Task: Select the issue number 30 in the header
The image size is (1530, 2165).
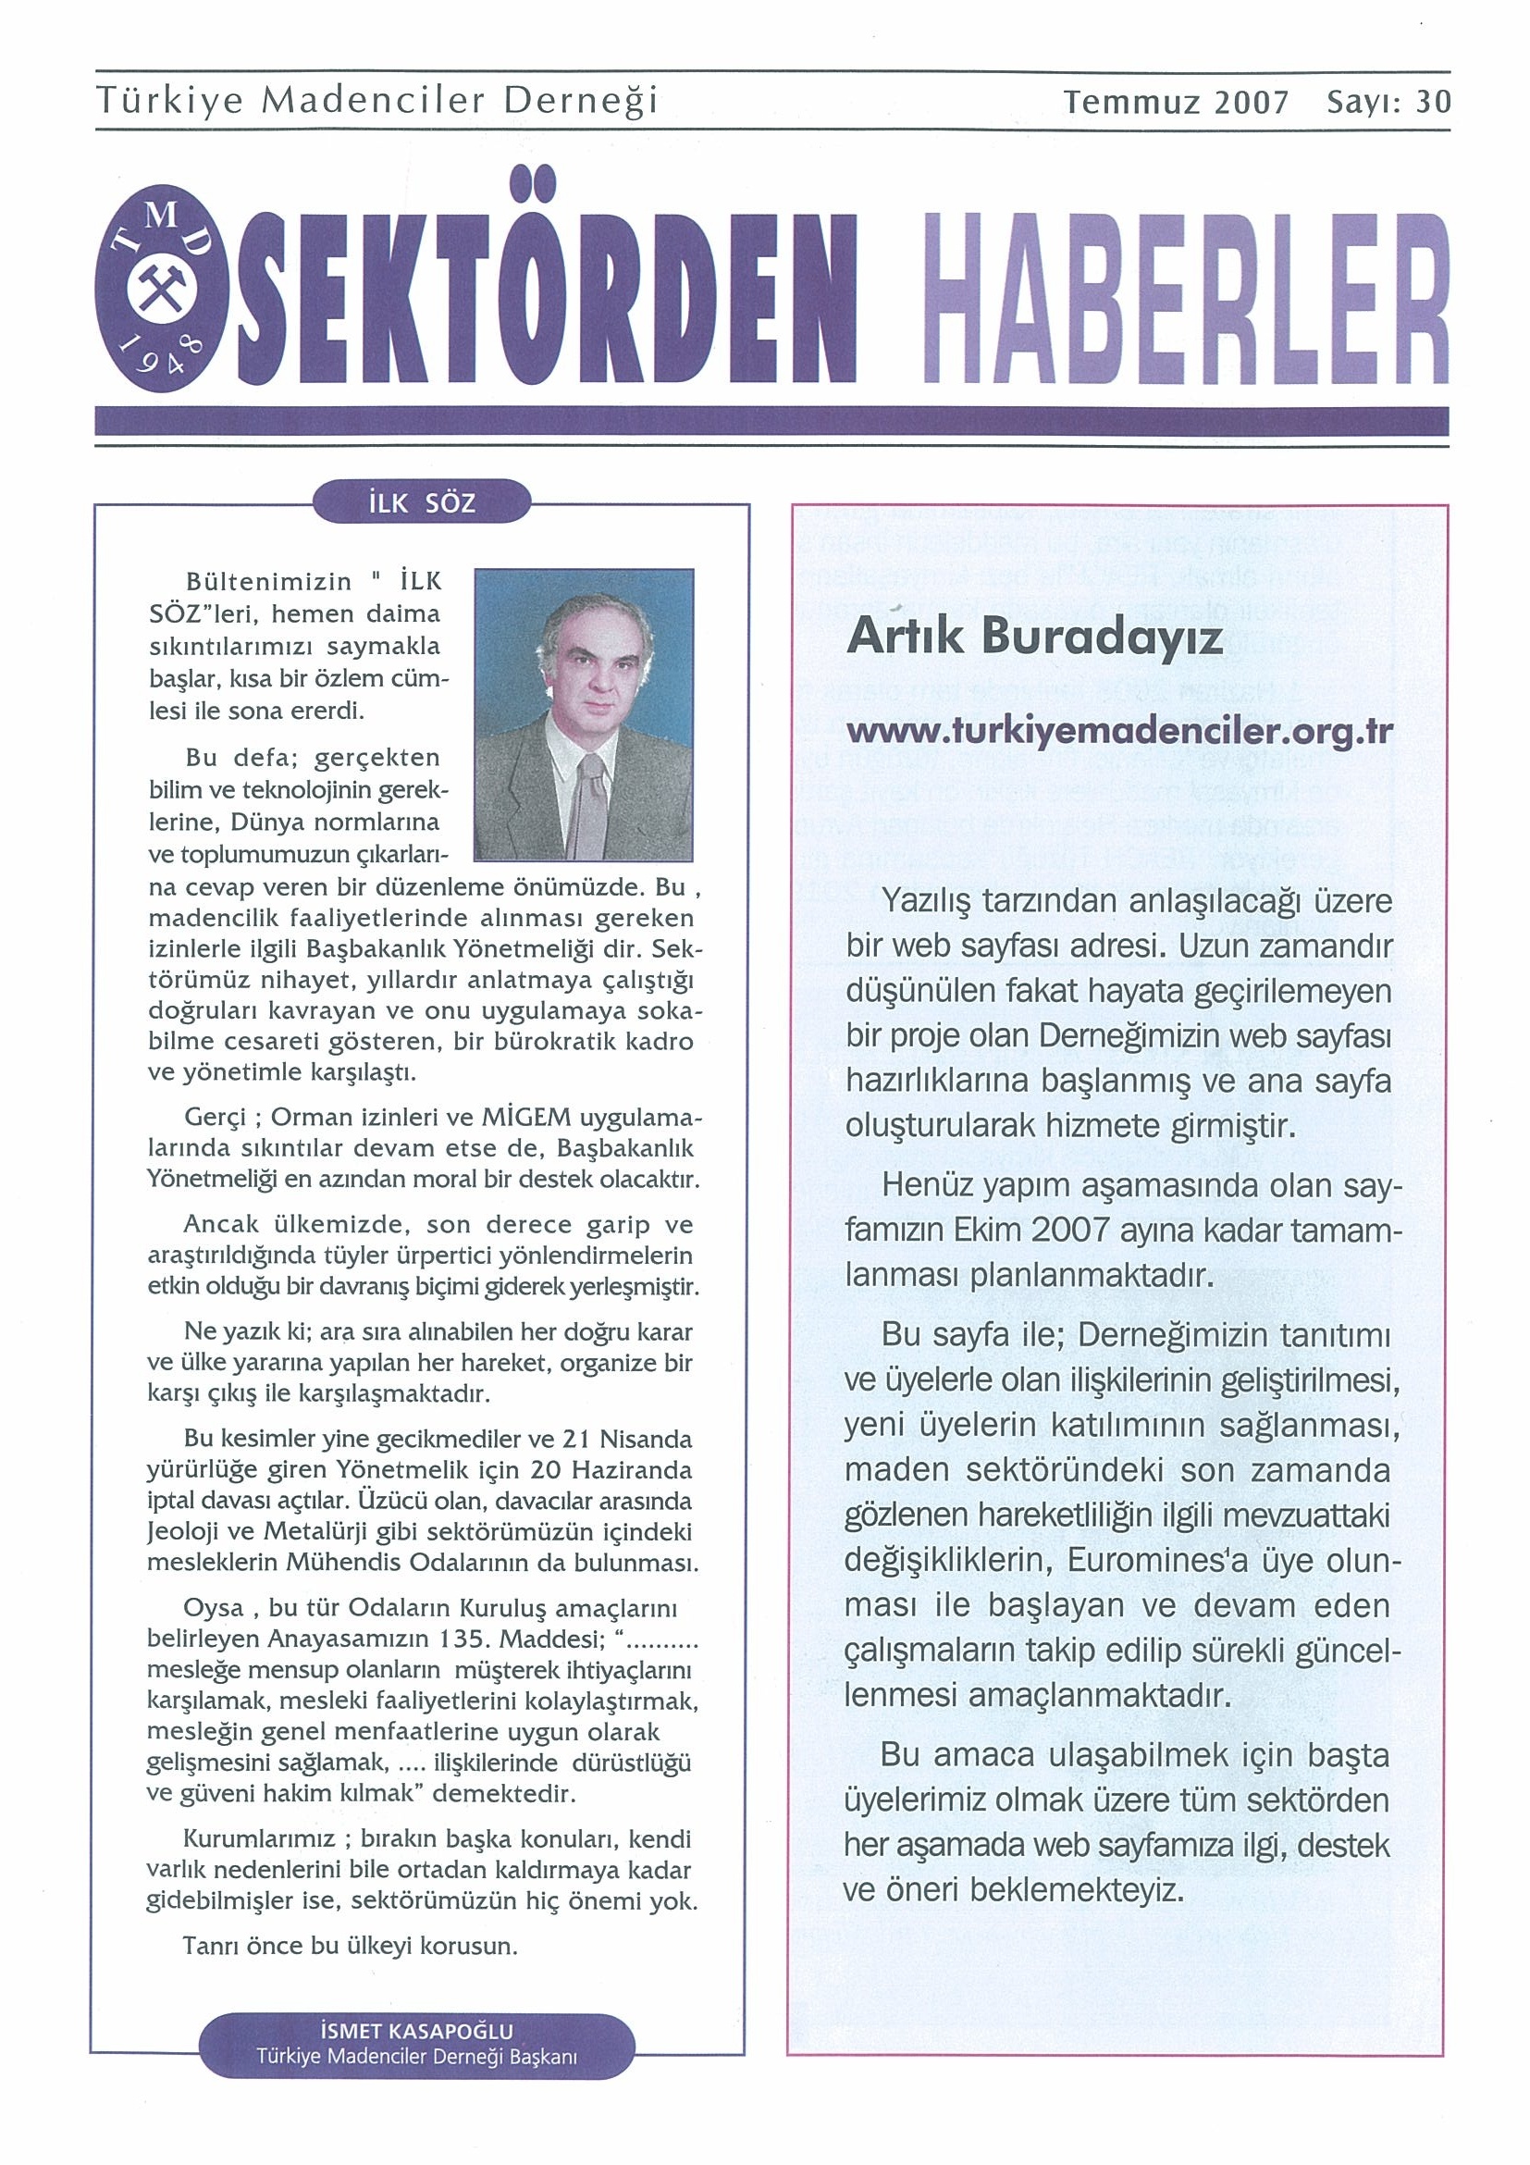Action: coord(1433,102)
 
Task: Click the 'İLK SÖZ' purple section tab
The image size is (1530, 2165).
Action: coord(425,503)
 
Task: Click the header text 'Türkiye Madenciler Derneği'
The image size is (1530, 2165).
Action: coord(377,102)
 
